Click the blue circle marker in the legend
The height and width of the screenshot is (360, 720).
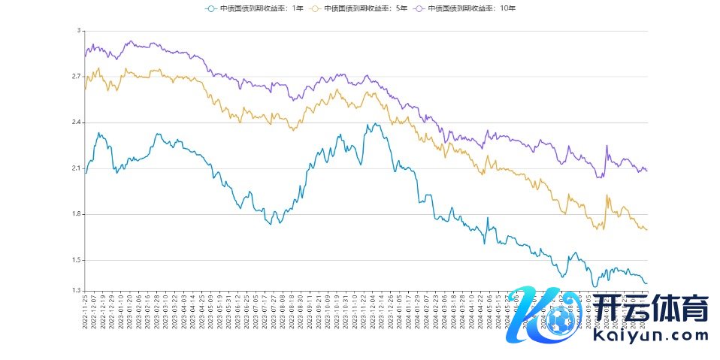coord(211,8)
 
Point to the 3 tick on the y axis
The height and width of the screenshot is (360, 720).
coord(77,31)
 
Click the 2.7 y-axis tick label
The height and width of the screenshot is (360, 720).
coord(75,77)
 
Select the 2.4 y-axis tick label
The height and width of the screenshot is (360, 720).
coord(75,123)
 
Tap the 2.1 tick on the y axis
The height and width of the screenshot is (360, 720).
coord(75,168)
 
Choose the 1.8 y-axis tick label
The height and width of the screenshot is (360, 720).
coord(75,214)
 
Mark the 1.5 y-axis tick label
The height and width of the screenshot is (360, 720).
coord(75,260)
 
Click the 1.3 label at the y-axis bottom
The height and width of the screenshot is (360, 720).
coord(75,291)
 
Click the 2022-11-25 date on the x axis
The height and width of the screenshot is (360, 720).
coord(85,314)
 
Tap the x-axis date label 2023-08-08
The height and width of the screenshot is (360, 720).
coord(283,314)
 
